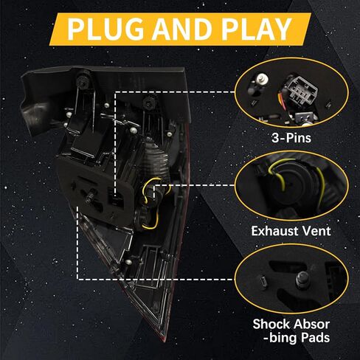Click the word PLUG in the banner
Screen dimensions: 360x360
[x=105, y=30]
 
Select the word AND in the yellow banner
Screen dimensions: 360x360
[x=182, y=30]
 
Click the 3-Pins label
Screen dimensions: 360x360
[x=291, y=138]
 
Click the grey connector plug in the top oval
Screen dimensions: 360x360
[x=302, y=91]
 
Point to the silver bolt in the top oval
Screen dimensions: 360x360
[x=260, y=79]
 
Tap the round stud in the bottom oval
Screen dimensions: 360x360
[x=302, y=280]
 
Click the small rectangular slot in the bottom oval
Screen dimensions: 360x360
[x=263, y=282]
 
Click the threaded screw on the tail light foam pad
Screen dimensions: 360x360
[x=90, y=197]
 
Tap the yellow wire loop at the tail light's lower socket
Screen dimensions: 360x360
[x=149, y=222]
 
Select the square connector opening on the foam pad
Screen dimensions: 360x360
[x=116, y=197]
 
